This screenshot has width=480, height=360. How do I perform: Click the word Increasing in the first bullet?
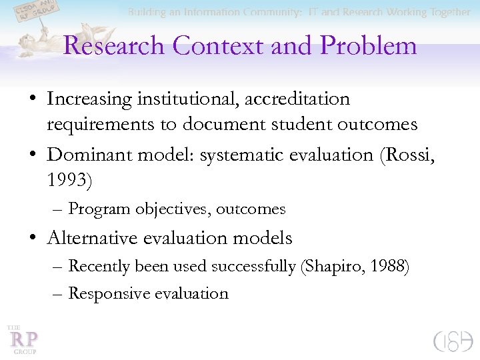pos(89,99)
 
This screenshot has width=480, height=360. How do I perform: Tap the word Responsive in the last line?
pos(109,293)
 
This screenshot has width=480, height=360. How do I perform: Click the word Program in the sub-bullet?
pos(99,209)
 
